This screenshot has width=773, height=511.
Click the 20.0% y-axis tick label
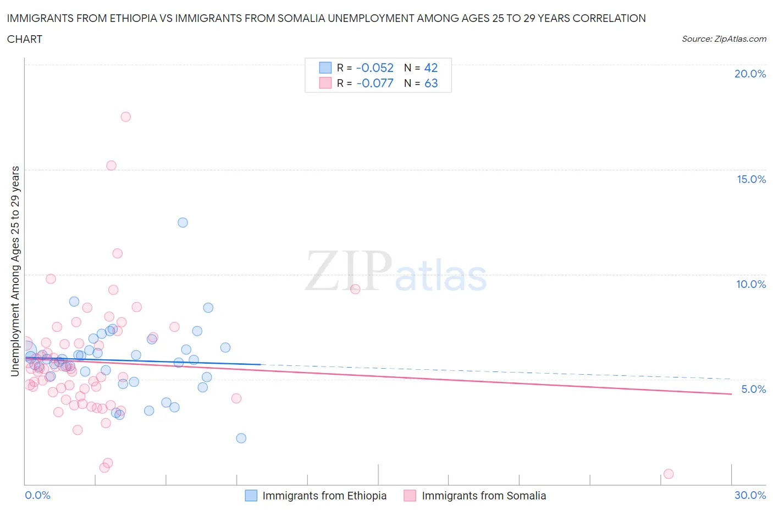tap(750, 74)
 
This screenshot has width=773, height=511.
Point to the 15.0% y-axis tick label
tap(751, 179)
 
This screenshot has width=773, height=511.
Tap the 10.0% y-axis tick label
tap(751, 284)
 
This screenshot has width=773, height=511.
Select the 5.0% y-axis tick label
tap(753, 389)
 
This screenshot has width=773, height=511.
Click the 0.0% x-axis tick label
tap(37, 495)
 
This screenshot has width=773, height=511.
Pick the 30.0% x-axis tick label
tap(750, 495)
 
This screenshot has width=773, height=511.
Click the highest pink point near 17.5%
tap(125, 116)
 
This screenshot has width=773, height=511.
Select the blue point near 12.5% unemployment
tap(183, 223)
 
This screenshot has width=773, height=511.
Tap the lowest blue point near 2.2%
tap(241, 438)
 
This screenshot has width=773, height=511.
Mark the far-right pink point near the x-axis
tap(669, 474)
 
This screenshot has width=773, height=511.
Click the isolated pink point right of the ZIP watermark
tap(355, 289)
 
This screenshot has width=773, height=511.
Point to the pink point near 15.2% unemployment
tap(111, 165)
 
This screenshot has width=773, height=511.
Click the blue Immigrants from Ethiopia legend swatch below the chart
tap(251, 496)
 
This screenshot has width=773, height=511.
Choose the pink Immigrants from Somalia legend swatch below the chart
tap(410, 496)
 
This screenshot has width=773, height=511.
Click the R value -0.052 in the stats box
tap(375, 68)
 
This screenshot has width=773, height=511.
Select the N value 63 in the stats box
tap(431, 83)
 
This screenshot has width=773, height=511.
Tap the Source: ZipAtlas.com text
tap(724, 39)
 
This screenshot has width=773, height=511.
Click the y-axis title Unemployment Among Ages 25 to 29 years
tap(15, 271)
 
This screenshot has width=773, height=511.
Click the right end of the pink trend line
tap(731, 394)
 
